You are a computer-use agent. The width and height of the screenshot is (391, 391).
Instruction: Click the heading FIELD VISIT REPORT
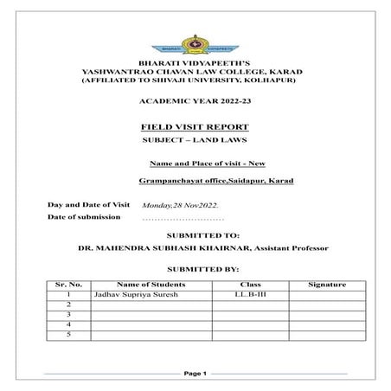click(x=194, y=126)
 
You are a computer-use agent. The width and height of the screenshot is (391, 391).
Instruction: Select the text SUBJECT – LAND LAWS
click(x=194, y=140)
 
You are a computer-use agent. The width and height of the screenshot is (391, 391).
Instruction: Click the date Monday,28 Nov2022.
click(x=180, y=205)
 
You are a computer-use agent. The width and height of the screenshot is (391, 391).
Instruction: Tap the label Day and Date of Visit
click(x=88, y=204)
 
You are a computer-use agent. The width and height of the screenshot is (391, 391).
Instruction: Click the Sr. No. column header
click(x=67, y=285)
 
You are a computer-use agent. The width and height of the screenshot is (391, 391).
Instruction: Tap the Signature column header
click(x=327, y=285)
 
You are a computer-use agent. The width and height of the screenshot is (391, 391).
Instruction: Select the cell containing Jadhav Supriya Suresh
click(x=130, y=295)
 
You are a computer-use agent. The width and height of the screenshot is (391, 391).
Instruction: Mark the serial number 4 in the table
click(x=67, y=324)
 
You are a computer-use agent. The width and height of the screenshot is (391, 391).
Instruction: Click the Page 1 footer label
click(x=195, y=374)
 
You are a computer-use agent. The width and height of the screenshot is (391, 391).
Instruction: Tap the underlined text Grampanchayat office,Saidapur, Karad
click(x=216, y=181)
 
